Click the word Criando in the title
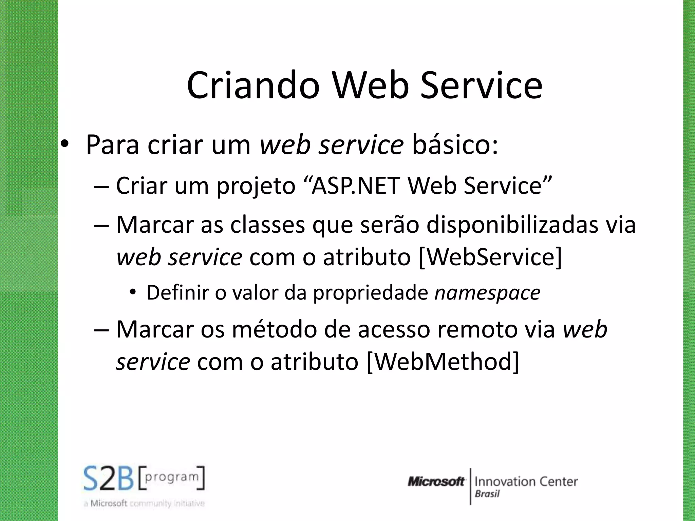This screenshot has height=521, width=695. click(253, 85)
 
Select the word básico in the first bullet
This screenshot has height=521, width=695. click(455, 145)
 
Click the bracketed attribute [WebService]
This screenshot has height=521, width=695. click(491, 257)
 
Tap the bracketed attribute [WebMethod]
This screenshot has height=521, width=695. click(443, 362)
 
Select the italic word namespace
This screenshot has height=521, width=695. click(488, 293)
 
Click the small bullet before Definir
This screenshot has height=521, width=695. click(133, 292)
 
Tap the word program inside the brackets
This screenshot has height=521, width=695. click(171, 477)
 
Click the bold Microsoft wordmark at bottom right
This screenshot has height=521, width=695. click(436, 482)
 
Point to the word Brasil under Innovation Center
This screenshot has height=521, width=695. click(487, 494)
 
